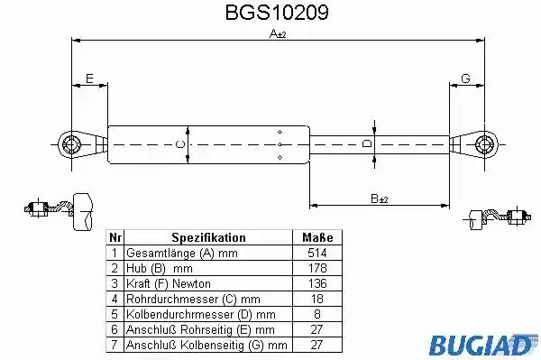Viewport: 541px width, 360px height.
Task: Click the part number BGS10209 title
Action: (277, 13)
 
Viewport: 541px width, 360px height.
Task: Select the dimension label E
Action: (89, 78)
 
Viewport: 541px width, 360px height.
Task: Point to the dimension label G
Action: (465, 78)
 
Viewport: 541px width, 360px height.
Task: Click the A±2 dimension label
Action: (278, 33)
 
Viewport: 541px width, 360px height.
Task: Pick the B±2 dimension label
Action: (380, 198)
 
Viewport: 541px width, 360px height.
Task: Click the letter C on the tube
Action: (180, 144)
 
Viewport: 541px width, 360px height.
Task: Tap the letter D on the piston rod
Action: (367, 143)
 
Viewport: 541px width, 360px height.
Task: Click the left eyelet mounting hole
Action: (70, 144)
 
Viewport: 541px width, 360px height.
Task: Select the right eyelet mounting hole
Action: (484, 144)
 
